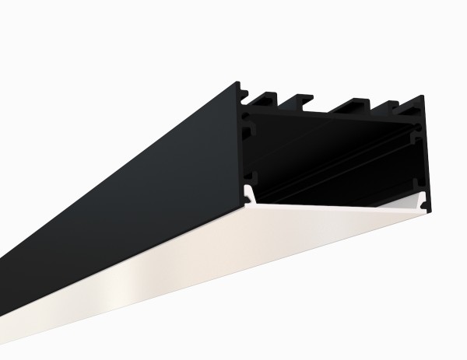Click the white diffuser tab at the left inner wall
tap(248, 195)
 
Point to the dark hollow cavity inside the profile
tap(335, 156)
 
